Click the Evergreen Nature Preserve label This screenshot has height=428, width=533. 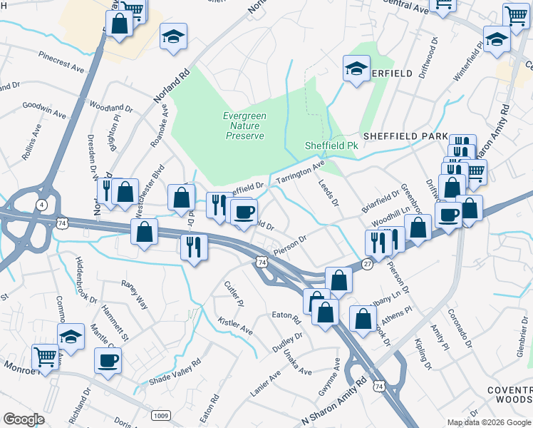pos(244,126)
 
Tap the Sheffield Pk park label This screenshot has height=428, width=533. pos(330,145)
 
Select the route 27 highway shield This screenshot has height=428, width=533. pos(367,263)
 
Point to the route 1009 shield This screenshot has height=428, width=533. pos(160,414)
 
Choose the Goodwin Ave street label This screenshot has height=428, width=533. pos(44,109)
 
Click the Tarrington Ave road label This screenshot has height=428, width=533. pos(300,173)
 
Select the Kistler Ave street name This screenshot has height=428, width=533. pos(235,327)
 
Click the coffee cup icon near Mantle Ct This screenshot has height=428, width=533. pos(108,360)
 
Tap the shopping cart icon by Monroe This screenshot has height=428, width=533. pos(45,356)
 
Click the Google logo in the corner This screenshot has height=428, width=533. pos(24,419)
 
